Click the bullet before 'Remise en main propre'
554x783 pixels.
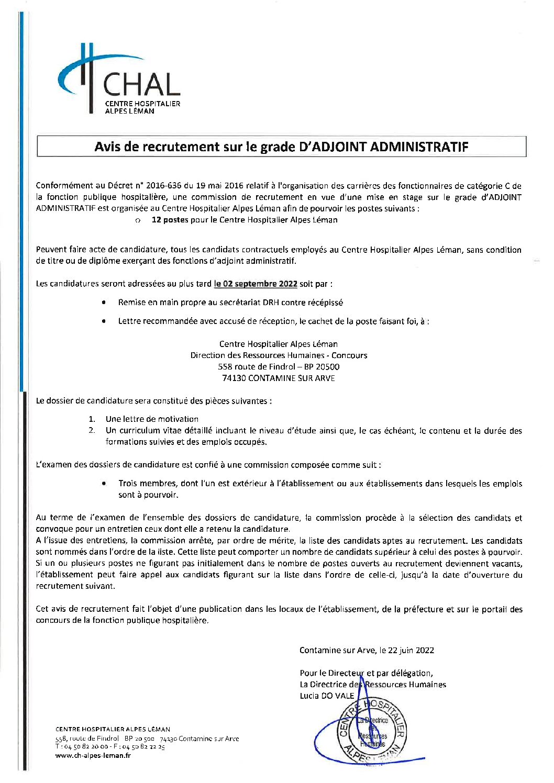[x=105, y=303]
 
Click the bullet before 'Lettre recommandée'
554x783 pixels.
[x=105, y=321]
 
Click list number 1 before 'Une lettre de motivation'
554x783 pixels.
[x=92, y=419]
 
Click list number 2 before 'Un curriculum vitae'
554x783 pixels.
[x=92, y=431]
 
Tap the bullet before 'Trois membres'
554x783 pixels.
[x=105, y=484]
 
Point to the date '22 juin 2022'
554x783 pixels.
[x=411, y=651]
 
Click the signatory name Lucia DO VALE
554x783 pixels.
[x=327, y=696]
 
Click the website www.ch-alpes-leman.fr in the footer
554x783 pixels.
[x=93, y=755]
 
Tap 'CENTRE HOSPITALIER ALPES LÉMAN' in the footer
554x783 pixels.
[x=113, y=729]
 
